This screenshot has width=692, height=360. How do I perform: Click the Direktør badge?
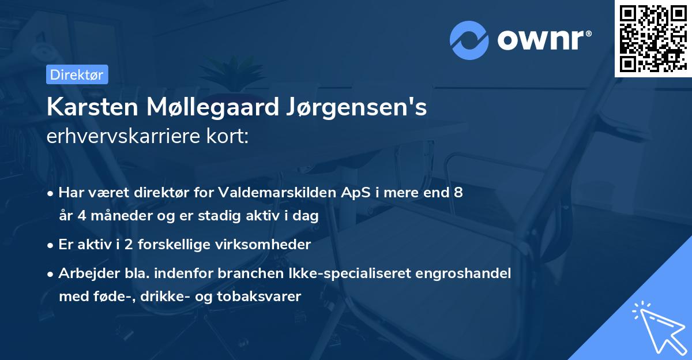pos(76,74)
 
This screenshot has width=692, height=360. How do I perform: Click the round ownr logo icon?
pos(469,40)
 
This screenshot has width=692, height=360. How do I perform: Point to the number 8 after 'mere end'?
pos(458,193)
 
